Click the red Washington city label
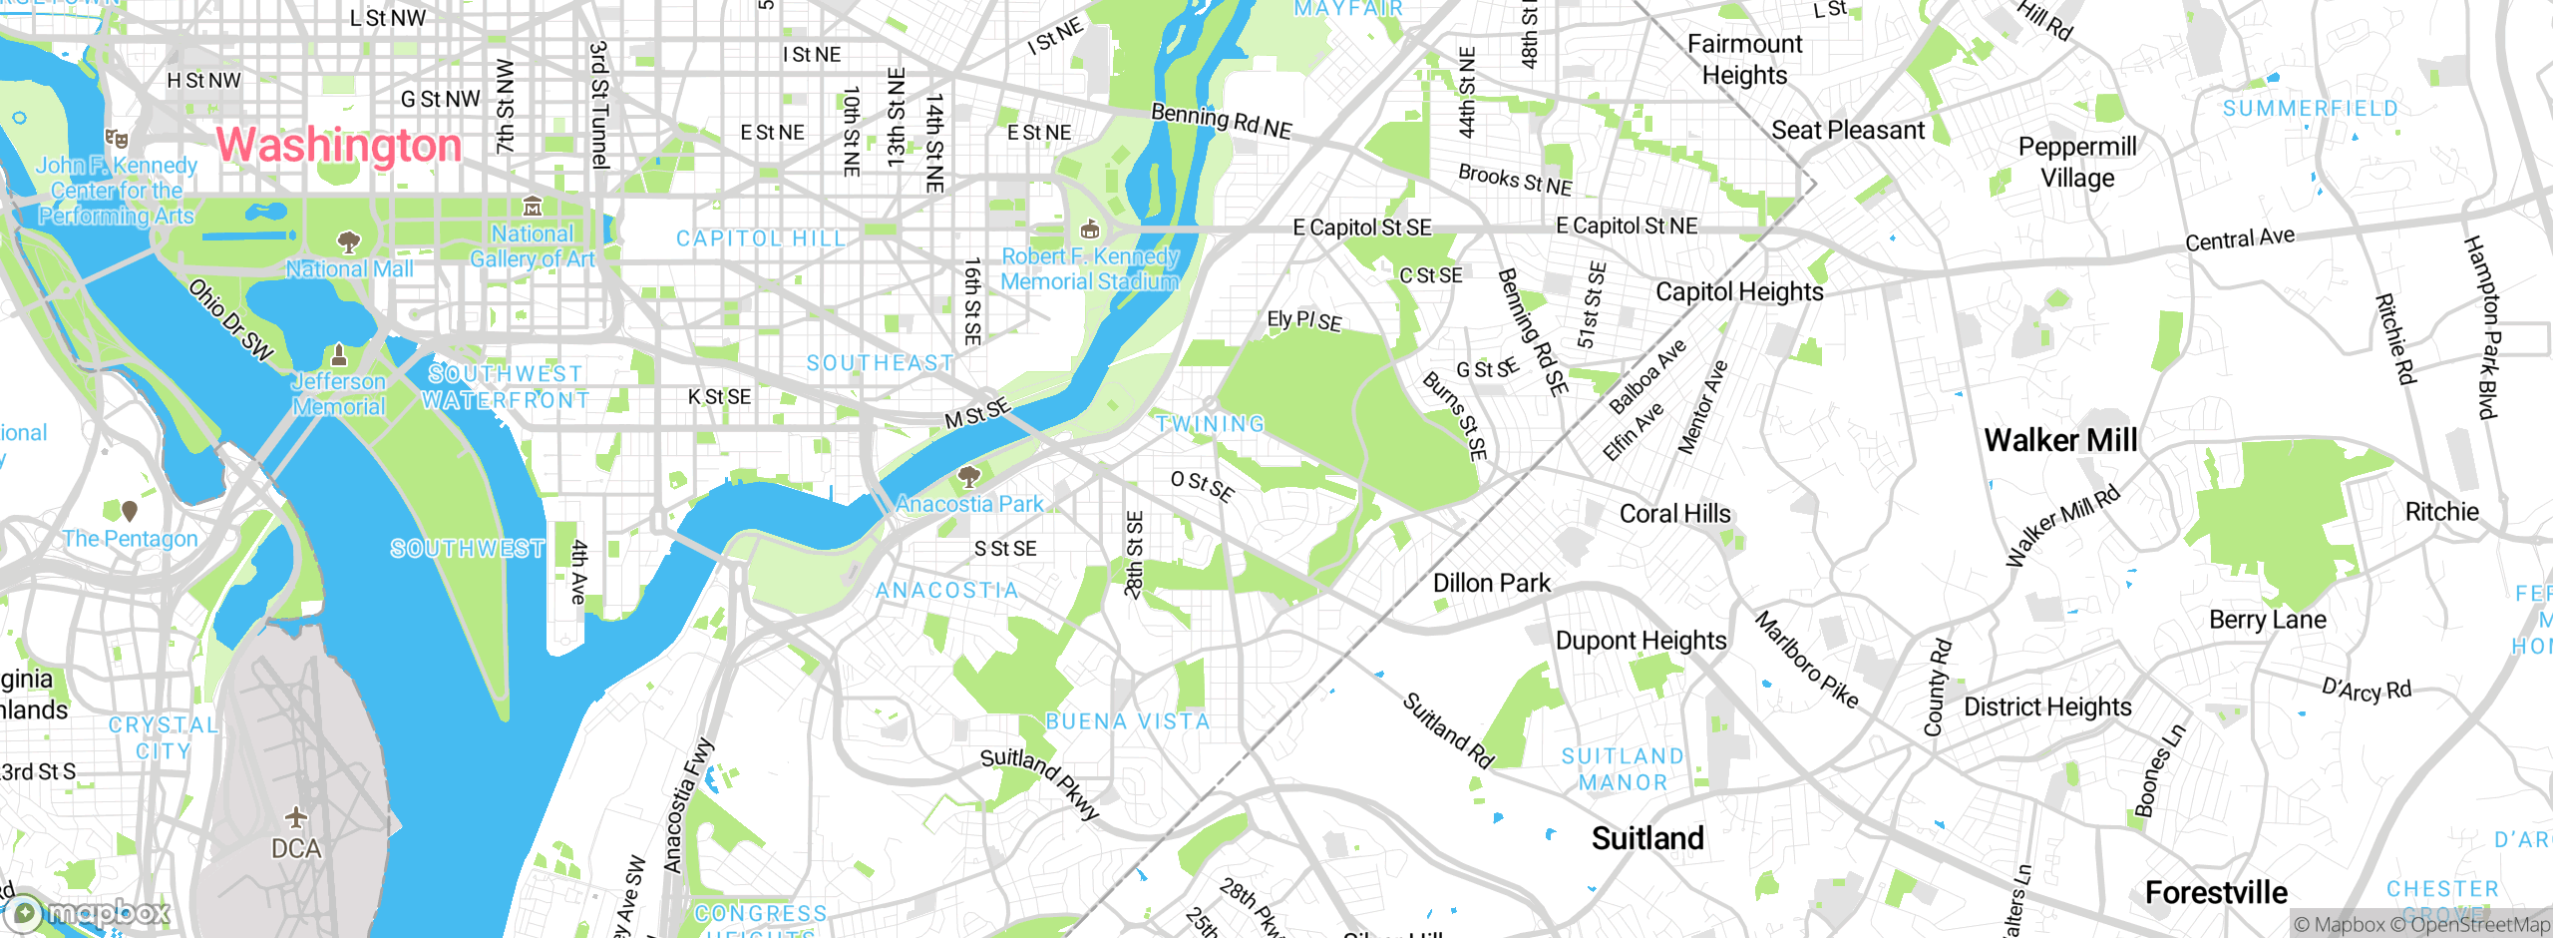[339, 146]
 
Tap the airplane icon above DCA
[296, 818]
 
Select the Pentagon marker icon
[130, 511]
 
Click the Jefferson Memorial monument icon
[339, 355]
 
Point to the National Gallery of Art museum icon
[533, 207]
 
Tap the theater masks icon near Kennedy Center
[117, 138]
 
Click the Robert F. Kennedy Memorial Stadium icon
[1090, 230]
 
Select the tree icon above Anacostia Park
[968, 476]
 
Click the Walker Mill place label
[2060, 440]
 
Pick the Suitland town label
[1647, 838]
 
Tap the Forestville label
[2216, 892]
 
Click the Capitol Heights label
[1739, 291]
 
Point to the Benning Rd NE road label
[1221, 121]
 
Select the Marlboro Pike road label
[1807, 660]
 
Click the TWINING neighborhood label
[1210, 424]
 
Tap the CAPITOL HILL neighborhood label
[761, 238]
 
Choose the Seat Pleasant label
[1848, 131]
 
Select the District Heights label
[2047, 706]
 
